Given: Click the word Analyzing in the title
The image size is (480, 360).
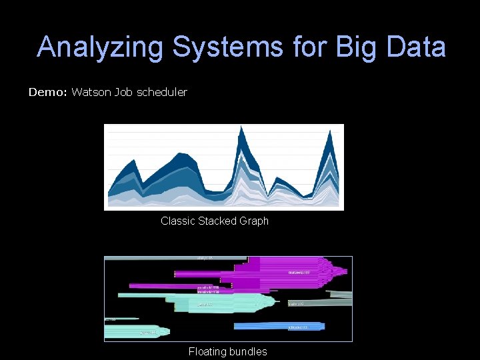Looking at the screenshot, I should [x=99, y=47].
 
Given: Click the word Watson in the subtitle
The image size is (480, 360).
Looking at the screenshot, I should [x=91, y=92].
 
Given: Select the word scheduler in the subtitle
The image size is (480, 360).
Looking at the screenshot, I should [x=162, y=92].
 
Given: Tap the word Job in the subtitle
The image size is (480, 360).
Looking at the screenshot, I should [x=123, y=92].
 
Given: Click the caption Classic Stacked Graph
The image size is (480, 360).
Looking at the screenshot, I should [x=215, y=221].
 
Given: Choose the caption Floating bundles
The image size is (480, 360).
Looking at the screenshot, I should [x=227, y=351].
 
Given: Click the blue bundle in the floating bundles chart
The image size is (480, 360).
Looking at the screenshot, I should [x=280, y=327].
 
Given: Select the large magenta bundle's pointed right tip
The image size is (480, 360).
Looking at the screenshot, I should [x=346, y=271].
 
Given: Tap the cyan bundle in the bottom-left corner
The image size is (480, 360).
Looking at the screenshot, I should [x=140, y=331].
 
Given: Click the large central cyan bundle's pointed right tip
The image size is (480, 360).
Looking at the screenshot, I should [x=279, y=301].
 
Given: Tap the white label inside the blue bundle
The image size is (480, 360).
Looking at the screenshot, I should [x=297, y=327].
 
